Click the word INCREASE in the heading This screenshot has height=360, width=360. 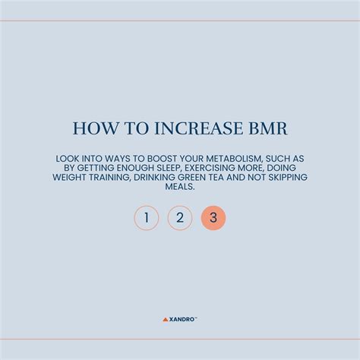(198, 128)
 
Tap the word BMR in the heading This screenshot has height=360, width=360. (268, 128)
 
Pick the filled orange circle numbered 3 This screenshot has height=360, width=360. (213, 218)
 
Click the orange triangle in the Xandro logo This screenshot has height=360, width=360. (166, 320)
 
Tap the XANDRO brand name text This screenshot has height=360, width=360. (182, 320)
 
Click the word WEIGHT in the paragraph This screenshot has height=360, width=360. (69, 177)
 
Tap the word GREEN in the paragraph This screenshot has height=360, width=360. (192, 177)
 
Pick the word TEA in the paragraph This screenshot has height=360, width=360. (216, 177)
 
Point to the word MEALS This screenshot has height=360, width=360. (180, 187)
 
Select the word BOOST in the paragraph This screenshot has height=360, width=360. (162, 159)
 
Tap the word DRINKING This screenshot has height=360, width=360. (154, 177)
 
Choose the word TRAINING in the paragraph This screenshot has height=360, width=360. (110, 177)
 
